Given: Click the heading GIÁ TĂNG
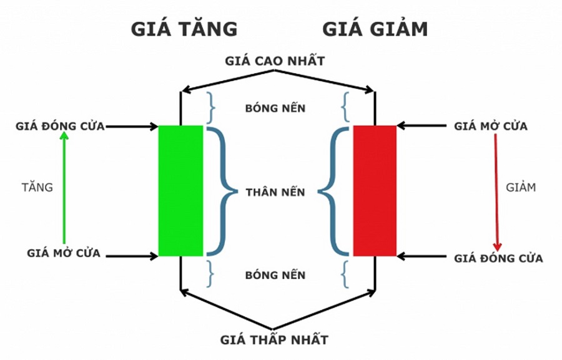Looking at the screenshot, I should (x=184, y=29).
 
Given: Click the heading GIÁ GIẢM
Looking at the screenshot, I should (x=375, y=29).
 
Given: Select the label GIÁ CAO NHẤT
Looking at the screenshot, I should (x=275, y=61).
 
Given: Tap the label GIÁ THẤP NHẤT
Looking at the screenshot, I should (x=274, y=340).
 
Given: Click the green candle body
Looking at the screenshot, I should (x=180, y=191).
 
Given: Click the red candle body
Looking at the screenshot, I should (x=375, y=191).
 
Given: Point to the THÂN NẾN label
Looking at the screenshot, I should (x=275, y=192).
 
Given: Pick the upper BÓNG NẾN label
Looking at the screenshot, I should (x=275, y=109).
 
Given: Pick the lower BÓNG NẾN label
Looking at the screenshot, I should (x=275, y=275).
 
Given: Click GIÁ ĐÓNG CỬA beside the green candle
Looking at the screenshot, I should (x=61, y=127).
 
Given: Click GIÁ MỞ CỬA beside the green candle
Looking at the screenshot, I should (x=64, y=253).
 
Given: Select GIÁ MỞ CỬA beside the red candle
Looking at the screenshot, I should (x=491, y=127).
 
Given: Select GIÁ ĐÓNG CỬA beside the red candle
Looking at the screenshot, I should (x=498, y=258).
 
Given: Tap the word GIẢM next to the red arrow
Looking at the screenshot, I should (x=521, y=187).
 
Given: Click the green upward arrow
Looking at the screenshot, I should (x=64, y=187).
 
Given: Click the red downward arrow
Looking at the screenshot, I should (x=497, y=190).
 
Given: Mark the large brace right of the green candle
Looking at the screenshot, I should (x=221, y=191).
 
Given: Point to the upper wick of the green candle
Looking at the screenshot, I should (x=180, y=109).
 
